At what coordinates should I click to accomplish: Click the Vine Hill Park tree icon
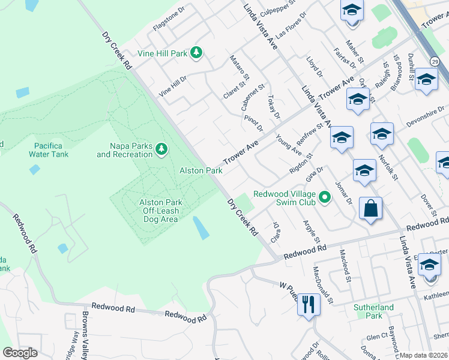tap(196, 53)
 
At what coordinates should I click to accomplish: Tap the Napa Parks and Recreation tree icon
tap(161, 148)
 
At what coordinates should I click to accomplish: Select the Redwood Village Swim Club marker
tap(325, 196)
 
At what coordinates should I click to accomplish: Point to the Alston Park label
tap(201, 171)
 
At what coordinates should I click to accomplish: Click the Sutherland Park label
tap(373, 311)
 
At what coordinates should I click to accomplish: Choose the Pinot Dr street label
tap(254, 124)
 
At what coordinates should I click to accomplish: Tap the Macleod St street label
tap(345, 265)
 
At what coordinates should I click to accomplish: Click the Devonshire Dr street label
tap(426, 113)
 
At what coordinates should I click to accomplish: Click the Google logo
tap(19, 353)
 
